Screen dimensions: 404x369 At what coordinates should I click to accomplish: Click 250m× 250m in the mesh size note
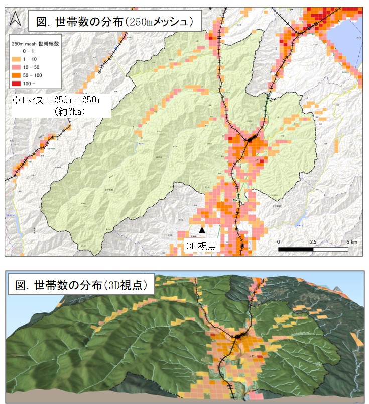75,101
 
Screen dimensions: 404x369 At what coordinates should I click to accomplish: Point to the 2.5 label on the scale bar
313,241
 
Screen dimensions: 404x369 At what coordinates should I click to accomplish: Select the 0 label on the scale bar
279,241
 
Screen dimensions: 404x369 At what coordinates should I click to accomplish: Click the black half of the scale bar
296,249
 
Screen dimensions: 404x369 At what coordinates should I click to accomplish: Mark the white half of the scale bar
331,249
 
